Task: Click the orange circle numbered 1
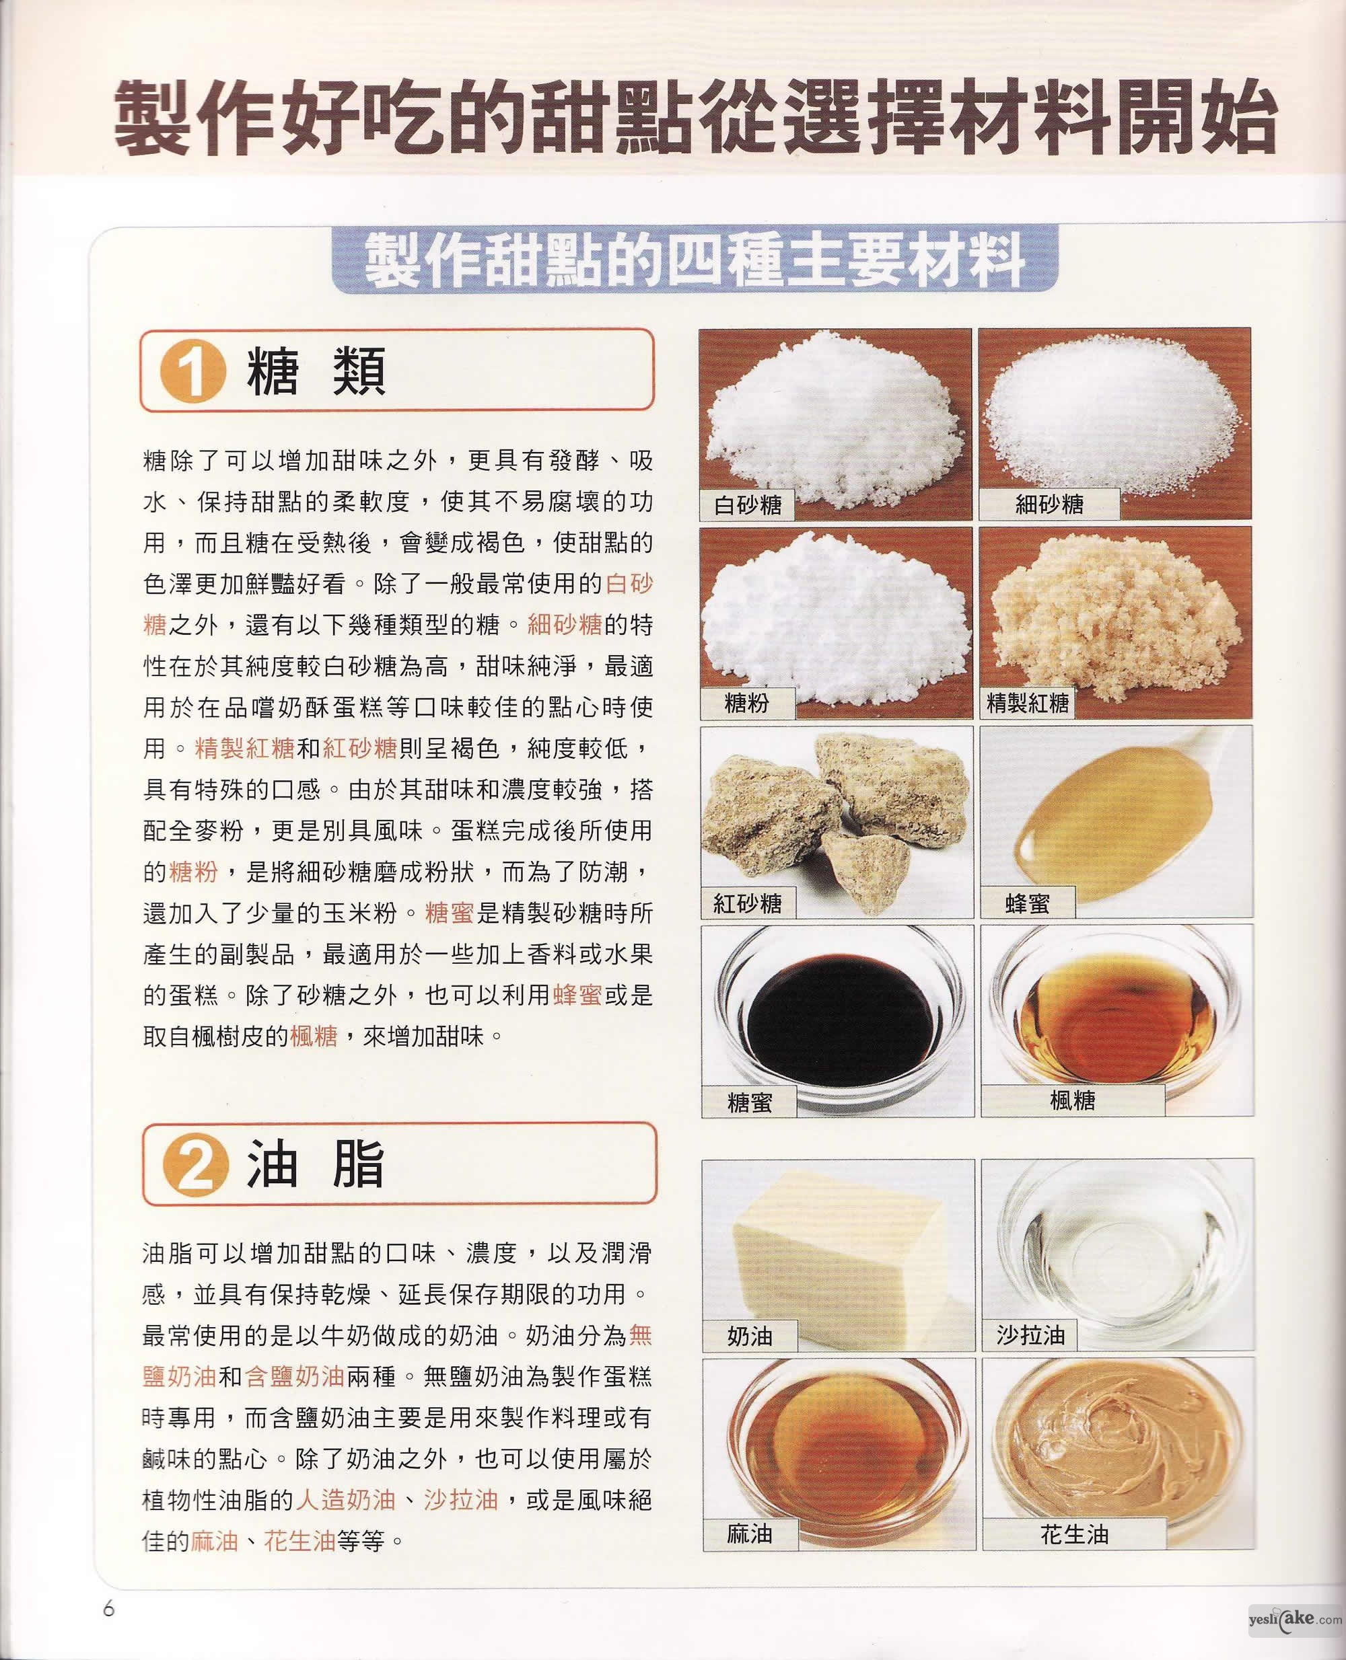tap(192, 371)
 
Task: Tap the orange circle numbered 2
tap(194, 1166)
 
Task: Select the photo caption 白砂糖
tap(748, 504)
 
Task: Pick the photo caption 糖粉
tap(746, 703)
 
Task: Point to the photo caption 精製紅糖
tap(1027, 703)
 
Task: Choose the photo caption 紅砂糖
tap(748, 903)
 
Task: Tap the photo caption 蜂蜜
tap(1027, 903)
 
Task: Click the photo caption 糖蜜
tap(750, 1101)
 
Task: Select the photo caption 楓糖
tap(1072, 1100)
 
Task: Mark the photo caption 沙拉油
tap(1030, 1334)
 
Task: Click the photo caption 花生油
tap(1074, 1534)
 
